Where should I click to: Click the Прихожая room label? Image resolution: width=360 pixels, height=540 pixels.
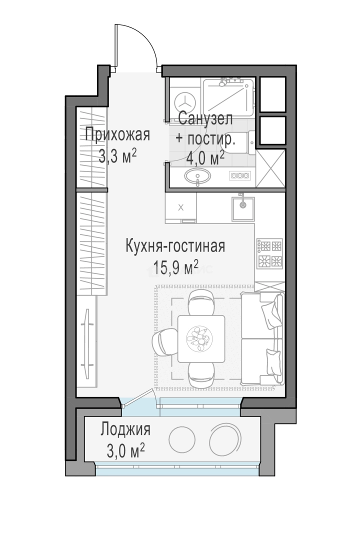(117, 134)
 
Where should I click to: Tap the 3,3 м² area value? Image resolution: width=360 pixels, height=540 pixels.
(117, 156)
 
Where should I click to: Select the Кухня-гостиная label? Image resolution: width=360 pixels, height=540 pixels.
(175, 246)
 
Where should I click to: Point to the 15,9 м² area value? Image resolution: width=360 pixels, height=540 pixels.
(175, 267)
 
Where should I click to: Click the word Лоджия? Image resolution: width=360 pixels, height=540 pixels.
(125, 430)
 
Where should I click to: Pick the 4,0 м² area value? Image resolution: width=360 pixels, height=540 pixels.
(205, 158)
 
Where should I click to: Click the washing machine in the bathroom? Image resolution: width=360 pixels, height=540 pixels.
(185, 102)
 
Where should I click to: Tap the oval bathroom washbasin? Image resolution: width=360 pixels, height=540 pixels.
(197, 176)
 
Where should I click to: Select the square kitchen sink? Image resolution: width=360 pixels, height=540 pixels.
(243, 208)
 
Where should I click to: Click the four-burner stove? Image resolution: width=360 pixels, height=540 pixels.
(269, 254)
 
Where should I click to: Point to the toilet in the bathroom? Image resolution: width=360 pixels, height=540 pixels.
(237, 141)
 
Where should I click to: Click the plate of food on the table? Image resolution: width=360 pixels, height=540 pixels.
(199, 338)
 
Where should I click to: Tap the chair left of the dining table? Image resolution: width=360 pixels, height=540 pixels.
(165, 341)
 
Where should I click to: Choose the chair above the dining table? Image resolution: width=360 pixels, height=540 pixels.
(202, 302)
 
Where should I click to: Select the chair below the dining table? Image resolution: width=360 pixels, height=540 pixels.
(202, 375)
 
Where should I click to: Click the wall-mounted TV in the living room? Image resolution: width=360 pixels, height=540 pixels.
(87, 343)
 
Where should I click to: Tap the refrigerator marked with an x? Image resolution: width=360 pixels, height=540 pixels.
(181, 207)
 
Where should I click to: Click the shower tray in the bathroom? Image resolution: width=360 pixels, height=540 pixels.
(228, 97)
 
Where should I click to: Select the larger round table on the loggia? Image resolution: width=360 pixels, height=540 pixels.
(225, 439)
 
